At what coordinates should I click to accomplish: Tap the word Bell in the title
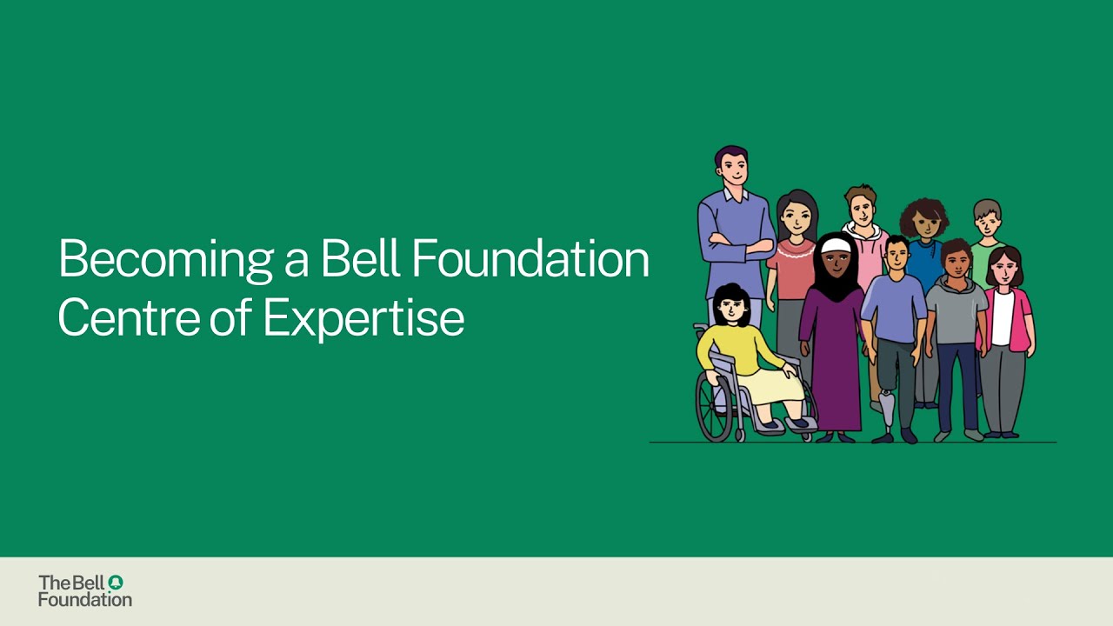click(359, 258)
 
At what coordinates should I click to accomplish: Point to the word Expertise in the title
click(363, 320)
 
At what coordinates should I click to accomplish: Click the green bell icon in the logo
click(116, 582)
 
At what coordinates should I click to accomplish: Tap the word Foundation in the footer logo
click(85, 599)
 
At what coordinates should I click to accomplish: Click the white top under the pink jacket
click(1003, 317)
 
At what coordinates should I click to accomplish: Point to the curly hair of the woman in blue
click(923, 212)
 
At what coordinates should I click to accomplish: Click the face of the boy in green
click(988, 223)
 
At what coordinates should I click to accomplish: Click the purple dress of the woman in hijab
click(832, 356)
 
